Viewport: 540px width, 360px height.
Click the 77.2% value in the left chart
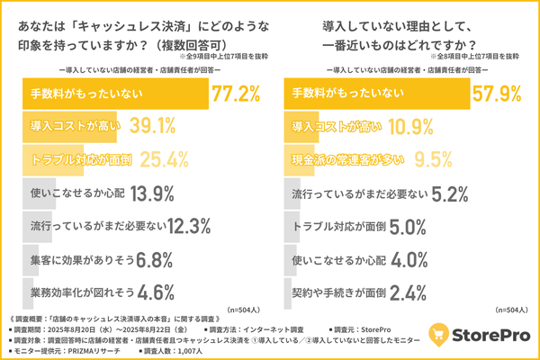[236, 93]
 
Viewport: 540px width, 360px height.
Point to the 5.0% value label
[413, 226]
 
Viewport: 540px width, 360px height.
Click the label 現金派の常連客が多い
[347, 159]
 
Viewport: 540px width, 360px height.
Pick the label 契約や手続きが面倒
[340, 292]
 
